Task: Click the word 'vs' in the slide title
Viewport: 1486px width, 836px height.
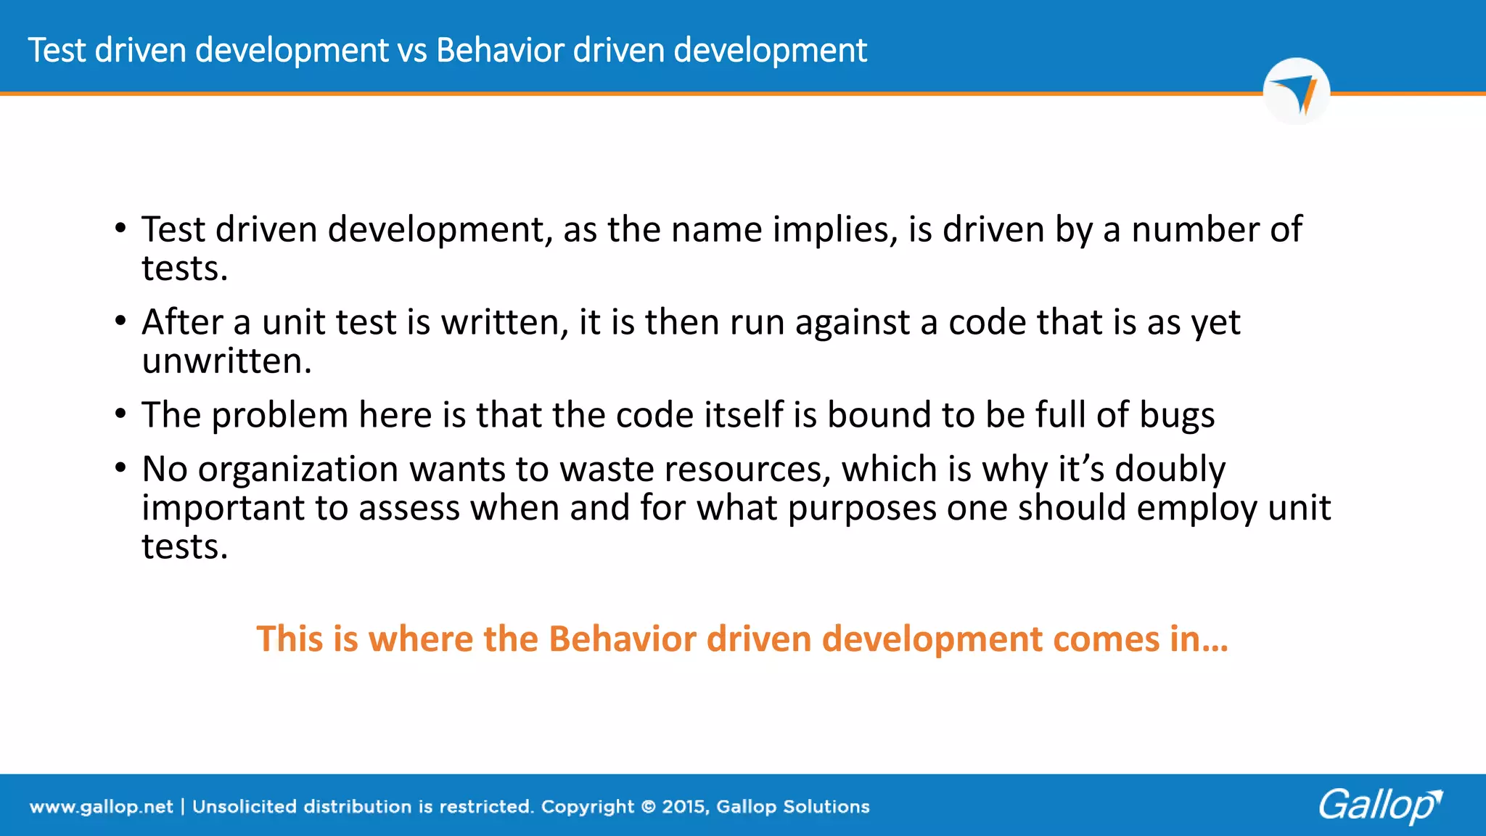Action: click(x=412, y=51)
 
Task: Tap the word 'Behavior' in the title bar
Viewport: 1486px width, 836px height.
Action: click(x=500, y=51)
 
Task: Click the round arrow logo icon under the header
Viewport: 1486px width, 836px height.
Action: click(x=1296, y=92)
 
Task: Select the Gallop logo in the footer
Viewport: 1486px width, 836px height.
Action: click(x=1379, y=805)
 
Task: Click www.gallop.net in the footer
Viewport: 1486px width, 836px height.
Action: click(x=101, y=807)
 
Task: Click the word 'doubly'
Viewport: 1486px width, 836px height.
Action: click(x=1170, y=470)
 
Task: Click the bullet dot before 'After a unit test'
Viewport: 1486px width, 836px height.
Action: click(x=120, y=321)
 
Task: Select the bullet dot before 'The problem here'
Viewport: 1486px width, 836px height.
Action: click(x=120, y=414)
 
